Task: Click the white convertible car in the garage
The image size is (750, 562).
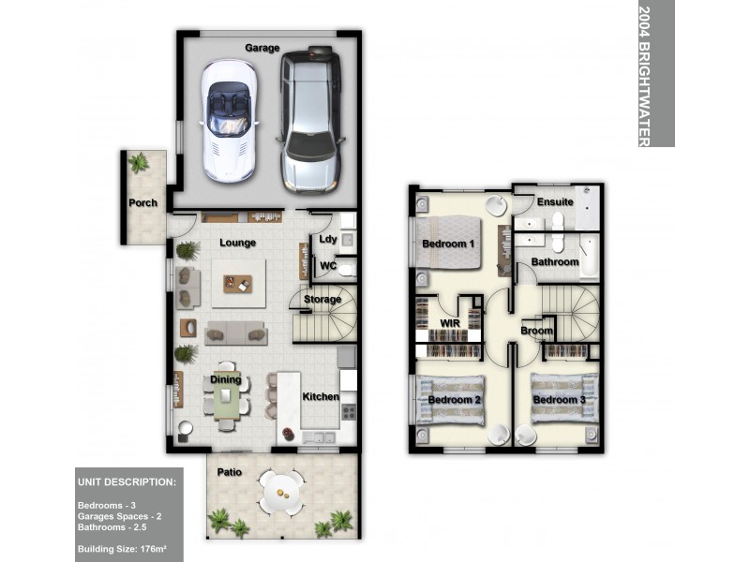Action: (x=229, y=119)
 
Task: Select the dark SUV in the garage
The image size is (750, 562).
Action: (x=310, y=119)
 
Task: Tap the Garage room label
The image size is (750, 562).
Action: (x=262, y=48)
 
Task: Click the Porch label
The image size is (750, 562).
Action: (x=143, y=202)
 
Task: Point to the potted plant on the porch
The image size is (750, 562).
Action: (x=139, y=163)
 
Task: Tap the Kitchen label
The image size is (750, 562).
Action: (x=321, y=397)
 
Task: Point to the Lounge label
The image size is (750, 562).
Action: (x=238, y=244)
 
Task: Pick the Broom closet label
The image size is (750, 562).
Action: (x=536, y=331)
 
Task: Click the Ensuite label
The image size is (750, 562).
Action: (x=555, y=201)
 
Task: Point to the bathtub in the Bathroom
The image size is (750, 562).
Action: (x=589, y=256)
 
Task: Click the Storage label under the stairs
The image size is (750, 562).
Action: (x=322, y=300)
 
